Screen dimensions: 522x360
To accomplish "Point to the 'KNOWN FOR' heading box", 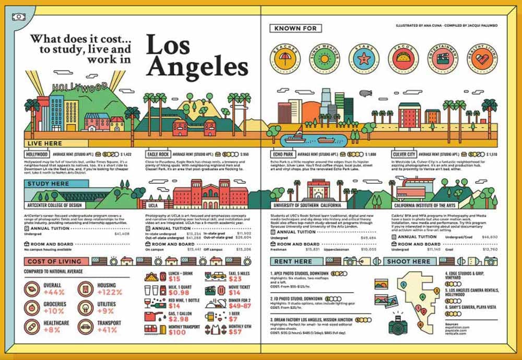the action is pos(295,28).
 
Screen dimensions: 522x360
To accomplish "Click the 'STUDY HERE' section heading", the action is pos(48,184).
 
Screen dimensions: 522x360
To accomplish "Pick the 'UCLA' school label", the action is pos(152,206).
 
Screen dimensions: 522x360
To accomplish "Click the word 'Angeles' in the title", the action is pos(197,67).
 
